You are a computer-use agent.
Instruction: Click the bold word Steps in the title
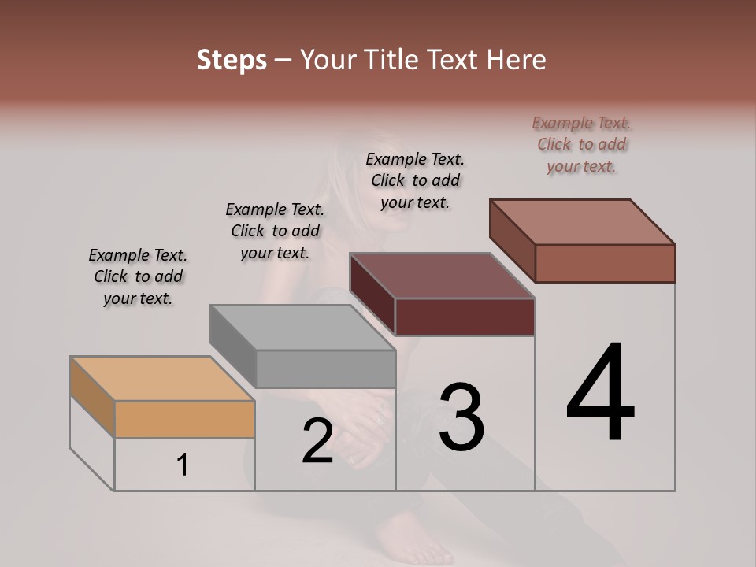coord(232,61)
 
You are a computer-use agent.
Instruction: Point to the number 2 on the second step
coord(317,441)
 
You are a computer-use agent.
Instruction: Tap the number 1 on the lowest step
coord(183,465)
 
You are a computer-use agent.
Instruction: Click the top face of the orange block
coord(162,379)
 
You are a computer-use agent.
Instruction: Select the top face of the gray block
coord(302,327)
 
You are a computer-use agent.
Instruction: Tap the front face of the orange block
coord(184,420)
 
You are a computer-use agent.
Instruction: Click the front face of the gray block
coord(325,369)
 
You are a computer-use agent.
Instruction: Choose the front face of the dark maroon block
coord(465,317)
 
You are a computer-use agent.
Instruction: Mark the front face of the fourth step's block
coord(605,263)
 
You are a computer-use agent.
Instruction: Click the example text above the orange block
coord(138,277)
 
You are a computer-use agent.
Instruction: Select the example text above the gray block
coord(275,231)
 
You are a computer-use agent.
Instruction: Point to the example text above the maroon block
coord(415,180)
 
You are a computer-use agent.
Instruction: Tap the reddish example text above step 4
coord(581,144)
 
